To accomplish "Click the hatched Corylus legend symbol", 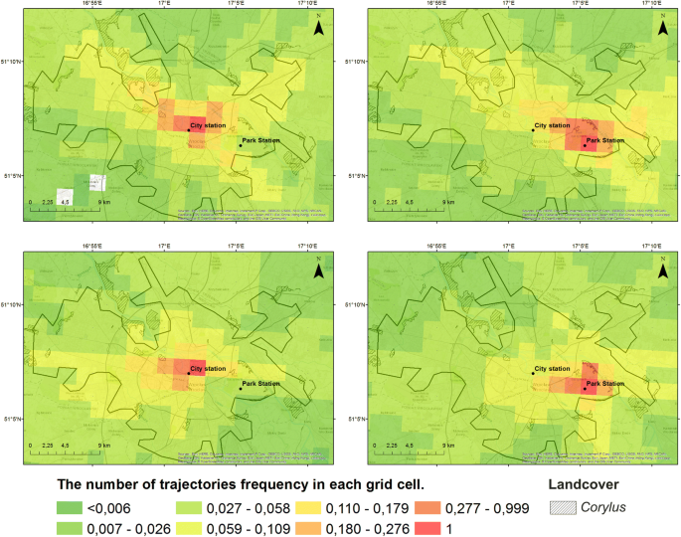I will point(563,508).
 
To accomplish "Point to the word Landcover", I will point(588,485).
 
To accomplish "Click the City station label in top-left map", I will point(209,126).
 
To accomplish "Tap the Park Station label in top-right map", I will point(605,141).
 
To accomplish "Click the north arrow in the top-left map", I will point(318,27).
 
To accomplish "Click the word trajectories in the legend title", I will point(211,485).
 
